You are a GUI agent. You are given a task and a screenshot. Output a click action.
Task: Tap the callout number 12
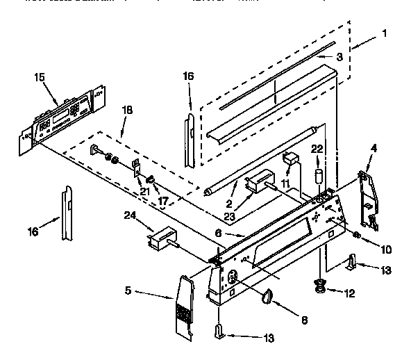350,293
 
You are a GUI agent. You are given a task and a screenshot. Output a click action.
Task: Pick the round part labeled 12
320,284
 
